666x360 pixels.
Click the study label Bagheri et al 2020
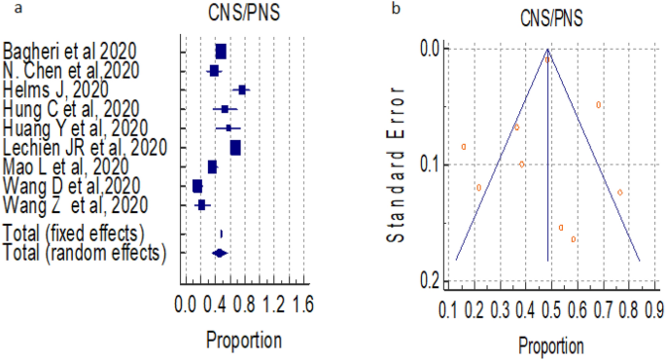[x=70, y=51]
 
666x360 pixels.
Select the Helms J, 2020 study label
[x=57, y=90]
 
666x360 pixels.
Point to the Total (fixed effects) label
[x=74, y=234]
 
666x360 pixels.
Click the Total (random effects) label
[x=85, y=253]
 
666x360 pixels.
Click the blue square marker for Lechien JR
[x=235, y=148]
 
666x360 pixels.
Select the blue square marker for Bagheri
[x=221, y=51]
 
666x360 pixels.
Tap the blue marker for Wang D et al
[x=197, y=186]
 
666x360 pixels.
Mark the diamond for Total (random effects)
[x=220, y=253]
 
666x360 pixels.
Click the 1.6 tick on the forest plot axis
[x=303, y=306]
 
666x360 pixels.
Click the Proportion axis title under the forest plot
[x=243, y=340]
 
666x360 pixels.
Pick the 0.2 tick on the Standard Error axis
[x=427, y=281]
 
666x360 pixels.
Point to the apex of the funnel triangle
[x=548, y=49]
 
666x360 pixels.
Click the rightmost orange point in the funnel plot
[x=619, y=192]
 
